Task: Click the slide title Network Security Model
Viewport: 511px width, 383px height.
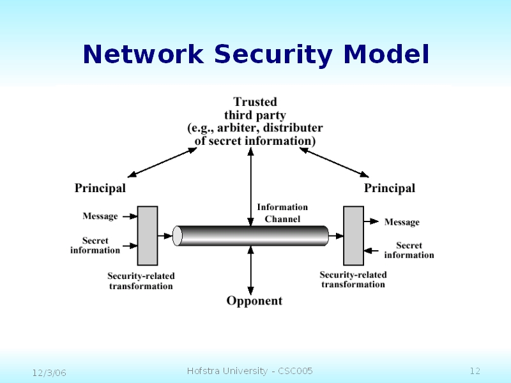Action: (x=256, y=54)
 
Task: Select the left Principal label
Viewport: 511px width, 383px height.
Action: (x=100, y=188)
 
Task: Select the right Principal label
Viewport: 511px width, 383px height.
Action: (x=390, y=188)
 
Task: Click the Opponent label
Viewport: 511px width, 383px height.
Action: (x=254, y=301)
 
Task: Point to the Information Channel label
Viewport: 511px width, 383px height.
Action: (x=282, y=213)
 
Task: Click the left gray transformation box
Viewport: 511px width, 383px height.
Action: (x=148, y=235)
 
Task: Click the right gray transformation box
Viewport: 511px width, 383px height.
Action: (x=353, y=235)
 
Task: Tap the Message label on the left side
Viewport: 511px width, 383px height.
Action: (x=100, y=216)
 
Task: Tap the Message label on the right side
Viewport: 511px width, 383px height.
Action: (x=402, y=222)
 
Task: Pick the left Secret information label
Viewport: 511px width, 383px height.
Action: (x=95, y=246)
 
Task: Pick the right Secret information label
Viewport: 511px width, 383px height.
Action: (x=409, y=250)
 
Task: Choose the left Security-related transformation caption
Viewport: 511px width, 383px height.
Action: (x=141, y=281)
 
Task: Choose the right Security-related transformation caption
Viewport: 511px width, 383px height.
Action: (x=353, y=280)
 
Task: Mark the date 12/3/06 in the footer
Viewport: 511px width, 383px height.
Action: (x=50, y=372)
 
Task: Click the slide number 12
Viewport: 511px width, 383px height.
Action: (x=475, y=372)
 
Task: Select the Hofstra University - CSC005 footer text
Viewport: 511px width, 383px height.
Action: (x=250, y=372)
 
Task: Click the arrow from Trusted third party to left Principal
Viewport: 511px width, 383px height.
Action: (x=162, y=162)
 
